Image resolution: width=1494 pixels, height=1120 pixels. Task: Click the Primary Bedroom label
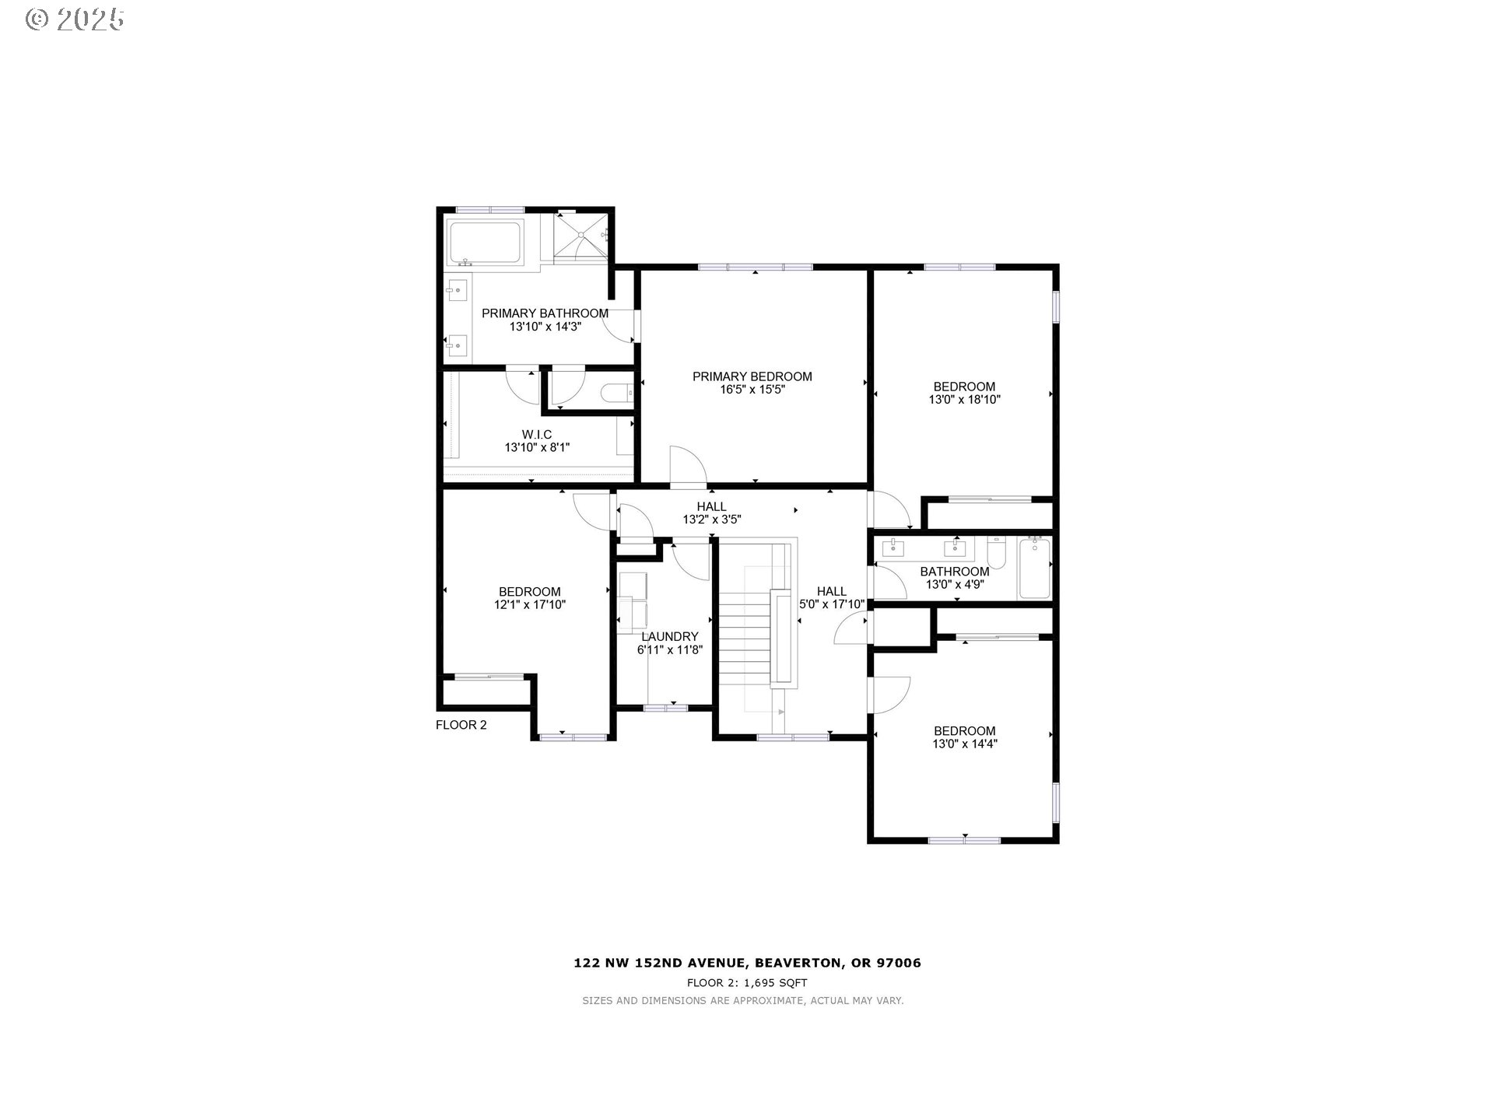coord(752,376)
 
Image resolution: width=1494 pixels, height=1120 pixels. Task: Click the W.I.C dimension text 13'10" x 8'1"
coord(537,447)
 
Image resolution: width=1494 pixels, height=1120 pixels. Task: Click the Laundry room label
coord(669,636)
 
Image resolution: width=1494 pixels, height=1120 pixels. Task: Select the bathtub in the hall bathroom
coord(1034,569)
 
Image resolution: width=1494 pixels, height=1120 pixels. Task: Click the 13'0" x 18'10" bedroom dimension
coord(964,400)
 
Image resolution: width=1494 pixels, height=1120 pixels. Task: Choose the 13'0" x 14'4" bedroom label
coord(964,731)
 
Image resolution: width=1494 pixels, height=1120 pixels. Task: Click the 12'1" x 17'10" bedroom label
coord(529,592)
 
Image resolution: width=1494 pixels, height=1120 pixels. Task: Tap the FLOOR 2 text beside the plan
coord(461,725)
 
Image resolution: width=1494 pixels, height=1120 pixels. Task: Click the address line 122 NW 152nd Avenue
coord(747,963)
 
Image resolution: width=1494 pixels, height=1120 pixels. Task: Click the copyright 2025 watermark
coord(75,19)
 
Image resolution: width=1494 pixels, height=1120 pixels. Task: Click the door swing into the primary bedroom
coord(688,467)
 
